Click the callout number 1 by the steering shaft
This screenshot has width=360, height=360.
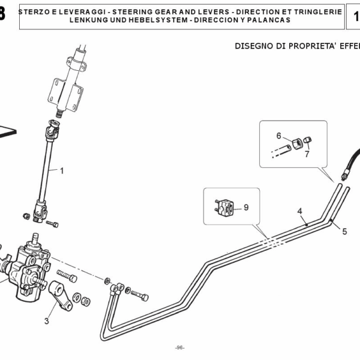tap(61, 170)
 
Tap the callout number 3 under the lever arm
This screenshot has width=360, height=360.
tap(47, 320)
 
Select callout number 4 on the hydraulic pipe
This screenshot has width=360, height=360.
tap(299, 211)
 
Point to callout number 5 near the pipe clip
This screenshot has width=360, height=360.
tap(344, 230)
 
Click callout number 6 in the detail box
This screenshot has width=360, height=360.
tap(278, 136)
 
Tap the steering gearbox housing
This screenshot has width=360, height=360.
tap(27, 267)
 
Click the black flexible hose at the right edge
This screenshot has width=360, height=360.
tap(351, 162)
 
